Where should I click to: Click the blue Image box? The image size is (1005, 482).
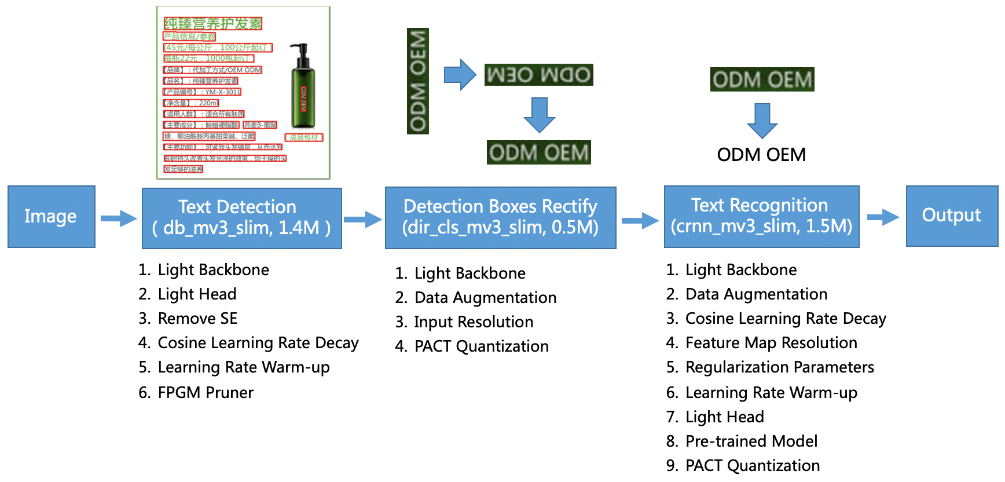point(51,217)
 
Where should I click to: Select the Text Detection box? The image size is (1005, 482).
point(241,218)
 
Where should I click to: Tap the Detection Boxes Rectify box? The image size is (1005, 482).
point(500,217)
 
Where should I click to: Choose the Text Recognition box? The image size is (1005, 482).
point(761,216)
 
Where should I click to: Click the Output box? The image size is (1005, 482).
point(951,216)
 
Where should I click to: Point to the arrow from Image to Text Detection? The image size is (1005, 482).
point(119,218)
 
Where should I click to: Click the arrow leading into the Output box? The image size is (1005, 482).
point(883,217)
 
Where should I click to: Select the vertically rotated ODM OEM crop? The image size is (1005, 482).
point(417,81)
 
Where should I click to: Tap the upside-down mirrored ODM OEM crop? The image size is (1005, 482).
point(538,75)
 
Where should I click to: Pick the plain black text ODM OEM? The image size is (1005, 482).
point(761,155)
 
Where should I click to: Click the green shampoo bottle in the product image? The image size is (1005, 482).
point(302,90)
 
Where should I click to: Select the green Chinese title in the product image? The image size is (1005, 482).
point(212,24)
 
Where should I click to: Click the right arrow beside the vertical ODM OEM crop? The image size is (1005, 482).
point(460,75)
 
